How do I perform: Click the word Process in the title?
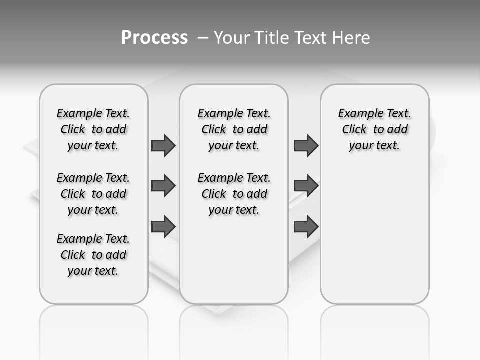pos(154,37)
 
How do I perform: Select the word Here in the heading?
pos(351,38)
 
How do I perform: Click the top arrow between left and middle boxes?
pos(163,145)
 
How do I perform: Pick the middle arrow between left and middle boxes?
pos(163,186)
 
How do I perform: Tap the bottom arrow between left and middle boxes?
pos(163,226)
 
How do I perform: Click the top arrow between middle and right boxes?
pos(306,145)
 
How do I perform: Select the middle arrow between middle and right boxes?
pos(306,186)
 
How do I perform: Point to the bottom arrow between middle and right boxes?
pos(306,226)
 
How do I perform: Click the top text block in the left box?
pos(93,129)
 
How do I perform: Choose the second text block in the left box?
pos(93,194)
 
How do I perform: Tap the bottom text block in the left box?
pos(93,255)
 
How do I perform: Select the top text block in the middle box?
pos(234,129)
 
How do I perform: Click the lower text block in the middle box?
pos(234,194)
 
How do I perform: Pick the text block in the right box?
pos(375,129)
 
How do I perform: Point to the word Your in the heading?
pos(232,38)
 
